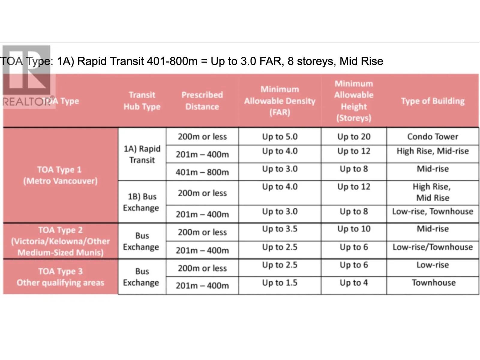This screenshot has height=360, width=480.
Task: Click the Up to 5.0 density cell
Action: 280,137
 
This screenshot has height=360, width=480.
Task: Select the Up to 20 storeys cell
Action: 354,137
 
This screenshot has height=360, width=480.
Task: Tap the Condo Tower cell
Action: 433,137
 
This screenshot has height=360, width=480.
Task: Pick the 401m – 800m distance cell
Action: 202,172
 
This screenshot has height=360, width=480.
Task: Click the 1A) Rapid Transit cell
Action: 142,154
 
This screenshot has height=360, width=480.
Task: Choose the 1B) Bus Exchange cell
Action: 142,202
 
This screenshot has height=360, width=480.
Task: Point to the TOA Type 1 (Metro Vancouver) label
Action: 60,175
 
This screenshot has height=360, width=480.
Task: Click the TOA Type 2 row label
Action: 60,241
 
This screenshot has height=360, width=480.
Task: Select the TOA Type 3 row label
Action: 60,277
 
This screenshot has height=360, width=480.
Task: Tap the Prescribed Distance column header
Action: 202,101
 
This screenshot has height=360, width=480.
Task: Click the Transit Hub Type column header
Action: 142,101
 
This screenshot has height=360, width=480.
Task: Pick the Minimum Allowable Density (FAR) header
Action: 280,101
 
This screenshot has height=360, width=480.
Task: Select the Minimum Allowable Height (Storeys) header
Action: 354,101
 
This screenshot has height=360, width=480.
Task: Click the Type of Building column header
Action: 433,101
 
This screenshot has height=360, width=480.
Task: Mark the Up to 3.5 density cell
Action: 280,229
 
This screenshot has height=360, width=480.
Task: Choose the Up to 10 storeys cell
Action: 354,229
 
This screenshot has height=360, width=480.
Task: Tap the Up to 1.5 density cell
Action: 280,283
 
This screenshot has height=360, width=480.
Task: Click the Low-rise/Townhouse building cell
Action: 433,247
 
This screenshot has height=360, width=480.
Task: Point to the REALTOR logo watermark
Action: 27,77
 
